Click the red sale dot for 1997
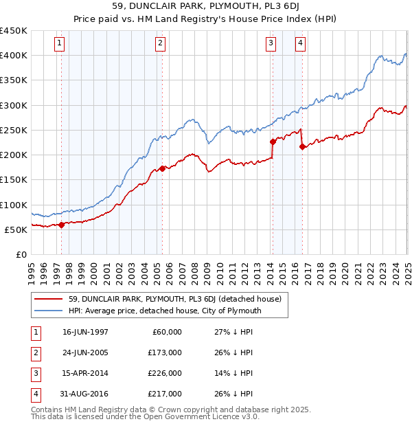62,224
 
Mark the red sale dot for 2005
162,168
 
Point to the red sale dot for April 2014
273,142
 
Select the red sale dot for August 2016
302,146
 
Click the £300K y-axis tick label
14,105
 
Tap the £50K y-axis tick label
16,229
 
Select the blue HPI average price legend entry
165,311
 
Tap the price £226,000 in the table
165,373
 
